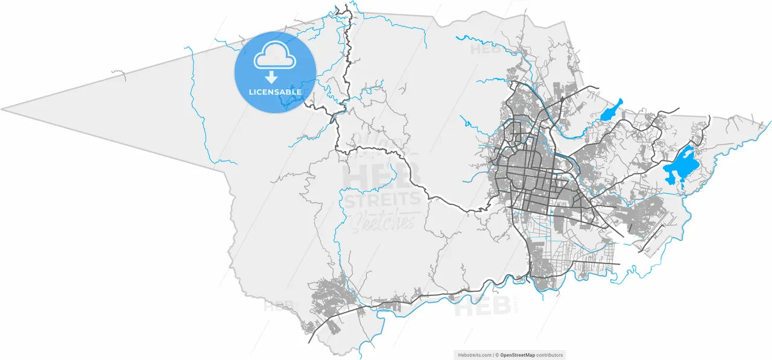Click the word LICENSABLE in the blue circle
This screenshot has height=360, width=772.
tap(275, 92)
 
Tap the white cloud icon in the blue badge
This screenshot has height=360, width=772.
tap(275, 57)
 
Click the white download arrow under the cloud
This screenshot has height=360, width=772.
tap(272, 77)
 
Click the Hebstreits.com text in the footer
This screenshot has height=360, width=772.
tap(473, 355)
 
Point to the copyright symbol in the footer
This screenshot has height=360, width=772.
tap(497, 355)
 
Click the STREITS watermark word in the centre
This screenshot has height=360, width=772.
tap(381, 199)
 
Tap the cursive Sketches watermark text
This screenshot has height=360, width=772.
tap(382, 222)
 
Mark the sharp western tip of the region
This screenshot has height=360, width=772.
tap(3, 110)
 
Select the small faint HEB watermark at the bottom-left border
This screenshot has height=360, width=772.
tap(278, 306)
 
